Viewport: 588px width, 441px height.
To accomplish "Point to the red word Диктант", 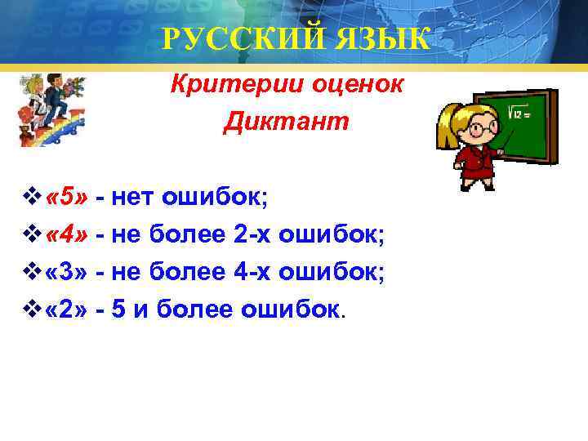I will pyautogui.click(x=286, y=122).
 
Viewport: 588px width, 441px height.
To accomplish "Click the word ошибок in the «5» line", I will pyautogui.click(x=207, y=197).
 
